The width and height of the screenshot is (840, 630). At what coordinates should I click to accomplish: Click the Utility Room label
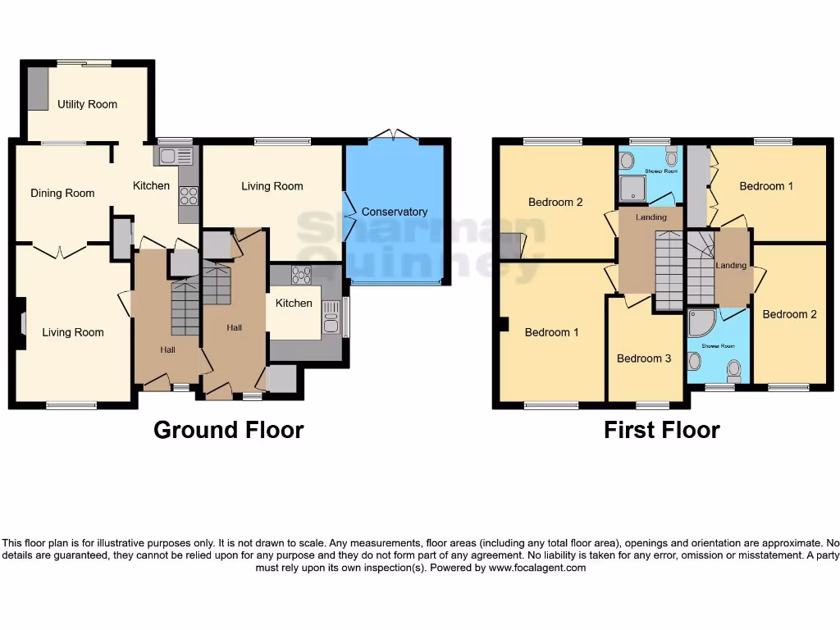tap(87, 104)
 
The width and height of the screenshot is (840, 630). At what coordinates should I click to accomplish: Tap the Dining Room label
tap(62, 194)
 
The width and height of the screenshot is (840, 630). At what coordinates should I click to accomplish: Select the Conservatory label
tap(395, 212)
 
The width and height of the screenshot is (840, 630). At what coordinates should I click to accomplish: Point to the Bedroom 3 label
tap(644, 358)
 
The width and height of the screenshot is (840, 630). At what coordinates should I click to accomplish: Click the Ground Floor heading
tap(228, 430)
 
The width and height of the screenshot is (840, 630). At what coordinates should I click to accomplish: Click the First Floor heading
tap(661, 430)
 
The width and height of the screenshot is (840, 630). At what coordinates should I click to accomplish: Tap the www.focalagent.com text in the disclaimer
tap(537, 568)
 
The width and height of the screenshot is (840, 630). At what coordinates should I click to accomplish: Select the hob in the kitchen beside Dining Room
tap(189, 195)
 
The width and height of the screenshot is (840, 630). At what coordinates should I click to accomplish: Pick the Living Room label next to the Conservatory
tap(272, 186)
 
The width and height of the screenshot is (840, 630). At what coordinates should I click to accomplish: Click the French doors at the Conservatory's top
tap(392, 135)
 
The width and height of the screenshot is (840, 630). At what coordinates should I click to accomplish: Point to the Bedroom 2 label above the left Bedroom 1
tap(555, 202)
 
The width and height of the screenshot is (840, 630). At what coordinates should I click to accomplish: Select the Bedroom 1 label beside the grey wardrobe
tap(766, 186)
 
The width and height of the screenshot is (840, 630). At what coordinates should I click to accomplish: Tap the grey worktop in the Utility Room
tap(38, 89)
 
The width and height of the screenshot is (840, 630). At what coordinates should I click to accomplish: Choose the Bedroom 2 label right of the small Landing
tap(789, 314)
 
